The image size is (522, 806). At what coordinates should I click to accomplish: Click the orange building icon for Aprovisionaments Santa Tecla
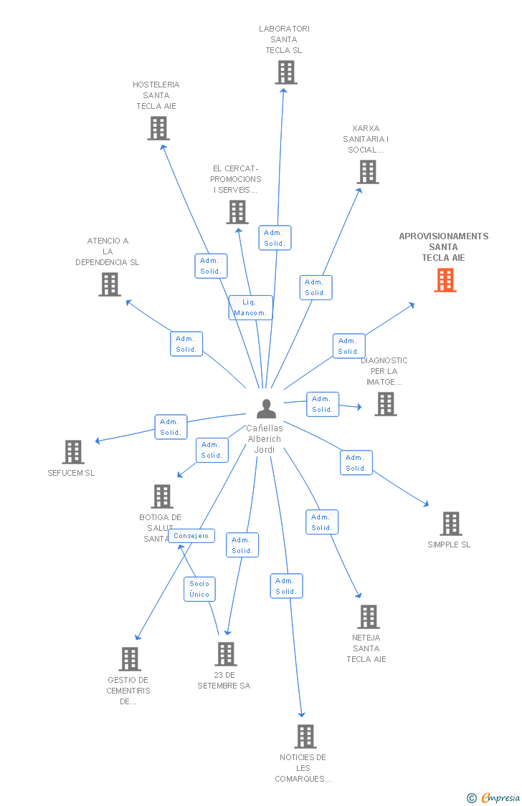pos(445,280)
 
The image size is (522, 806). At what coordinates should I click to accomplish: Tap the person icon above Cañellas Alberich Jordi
pos(266,408)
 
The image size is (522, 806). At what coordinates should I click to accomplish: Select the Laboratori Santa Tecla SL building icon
pos(285,72)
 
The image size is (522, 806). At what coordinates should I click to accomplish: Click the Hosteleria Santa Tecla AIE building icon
pos(158,128)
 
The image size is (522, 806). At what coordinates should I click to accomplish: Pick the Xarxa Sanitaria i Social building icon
pos(368,172)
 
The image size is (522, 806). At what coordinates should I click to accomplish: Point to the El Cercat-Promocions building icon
pos(237,212)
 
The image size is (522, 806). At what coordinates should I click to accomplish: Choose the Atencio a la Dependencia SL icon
pos(109,284)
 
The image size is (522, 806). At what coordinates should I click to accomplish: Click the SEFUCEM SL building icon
pos(73,452)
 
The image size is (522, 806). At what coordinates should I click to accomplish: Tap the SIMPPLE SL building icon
pos(450,524)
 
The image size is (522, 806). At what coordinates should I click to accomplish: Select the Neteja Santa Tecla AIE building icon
pos(368,617)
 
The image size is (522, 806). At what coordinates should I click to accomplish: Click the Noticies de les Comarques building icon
pos(305,737)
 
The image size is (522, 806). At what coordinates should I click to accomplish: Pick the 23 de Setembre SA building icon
pos(225,654)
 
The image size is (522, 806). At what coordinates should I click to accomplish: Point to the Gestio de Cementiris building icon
pos(129,659)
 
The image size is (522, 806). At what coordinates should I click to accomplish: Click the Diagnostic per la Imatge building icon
pos(386,404)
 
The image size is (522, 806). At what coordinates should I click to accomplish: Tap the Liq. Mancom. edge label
pos(250,307)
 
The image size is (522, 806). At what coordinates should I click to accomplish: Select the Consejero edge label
pos(191,536)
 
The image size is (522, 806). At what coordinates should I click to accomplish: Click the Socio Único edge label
pos(199,589)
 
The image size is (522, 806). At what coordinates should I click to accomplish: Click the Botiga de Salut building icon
pos(162,496)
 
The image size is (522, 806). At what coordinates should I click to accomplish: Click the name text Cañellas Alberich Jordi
pos(265,438)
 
